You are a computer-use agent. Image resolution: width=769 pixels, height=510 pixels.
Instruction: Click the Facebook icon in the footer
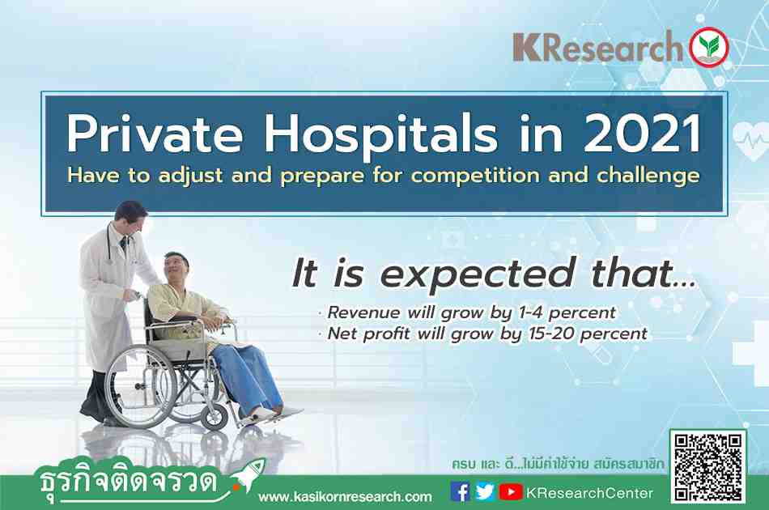coord(460,491)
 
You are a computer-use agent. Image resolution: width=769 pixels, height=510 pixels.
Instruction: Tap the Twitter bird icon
coord(485,491)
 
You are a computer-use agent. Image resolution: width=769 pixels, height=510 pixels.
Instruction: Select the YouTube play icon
coord(511,491)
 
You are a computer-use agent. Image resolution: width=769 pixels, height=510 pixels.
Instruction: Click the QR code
coord(708,467)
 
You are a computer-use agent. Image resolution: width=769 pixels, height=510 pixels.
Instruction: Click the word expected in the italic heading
coord(477,274)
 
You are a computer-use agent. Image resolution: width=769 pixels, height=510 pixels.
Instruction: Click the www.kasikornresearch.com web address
coord(345,497)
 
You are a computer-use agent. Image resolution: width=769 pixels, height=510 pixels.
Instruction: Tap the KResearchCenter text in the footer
coord(589,492)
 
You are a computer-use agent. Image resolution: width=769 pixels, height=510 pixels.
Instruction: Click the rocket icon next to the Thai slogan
coord(249,474)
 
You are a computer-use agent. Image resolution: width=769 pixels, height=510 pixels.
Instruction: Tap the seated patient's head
coord(176,267)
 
